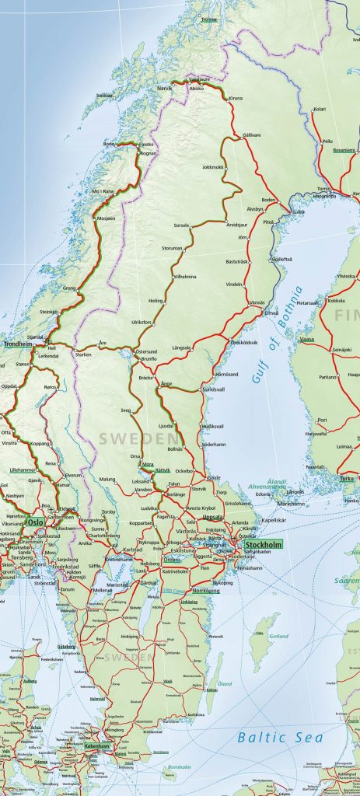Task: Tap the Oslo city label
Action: tap(36, 523)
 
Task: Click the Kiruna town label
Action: tap(236, 99)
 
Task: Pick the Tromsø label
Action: tap(208, 19)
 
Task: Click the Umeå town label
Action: tap(271, 312)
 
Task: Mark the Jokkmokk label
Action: tap(212, 166)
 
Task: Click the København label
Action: tap(99, 745)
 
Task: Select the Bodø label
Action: tap(110, 144)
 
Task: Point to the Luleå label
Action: tap(298, 211)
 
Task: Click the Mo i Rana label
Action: tap(103, 191)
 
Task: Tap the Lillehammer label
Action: tap(23, 470)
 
